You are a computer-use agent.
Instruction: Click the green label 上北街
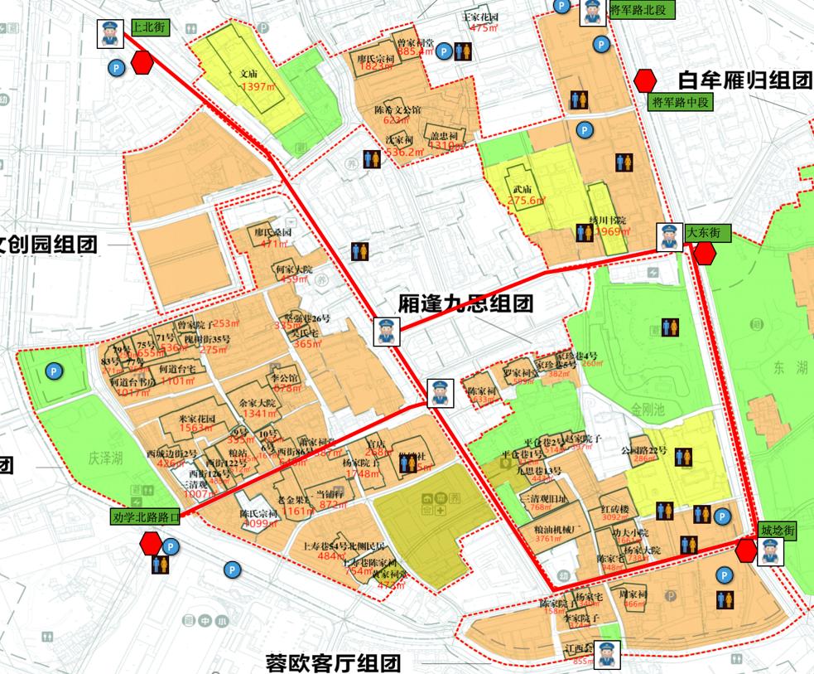tap(149, 27)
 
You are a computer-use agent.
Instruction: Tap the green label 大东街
tap(708, 234)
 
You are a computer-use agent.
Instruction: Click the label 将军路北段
tap(640, 10)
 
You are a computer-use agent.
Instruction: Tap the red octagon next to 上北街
tap(142, 61)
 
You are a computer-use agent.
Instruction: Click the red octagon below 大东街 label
tap(705, 254)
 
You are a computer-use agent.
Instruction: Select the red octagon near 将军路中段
tap(645, 80)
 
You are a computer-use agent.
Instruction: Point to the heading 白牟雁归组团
tap(743, 80)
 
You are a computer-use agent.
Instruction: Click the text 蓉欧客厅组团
tap(333, 662)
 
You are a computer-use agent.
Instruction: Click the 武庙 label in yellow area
tap(523, 188)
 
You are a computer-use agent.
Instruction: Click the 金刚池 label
tap(648, 409)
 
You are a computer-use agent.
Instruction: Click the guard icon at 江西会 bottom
tap(606, 654)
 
